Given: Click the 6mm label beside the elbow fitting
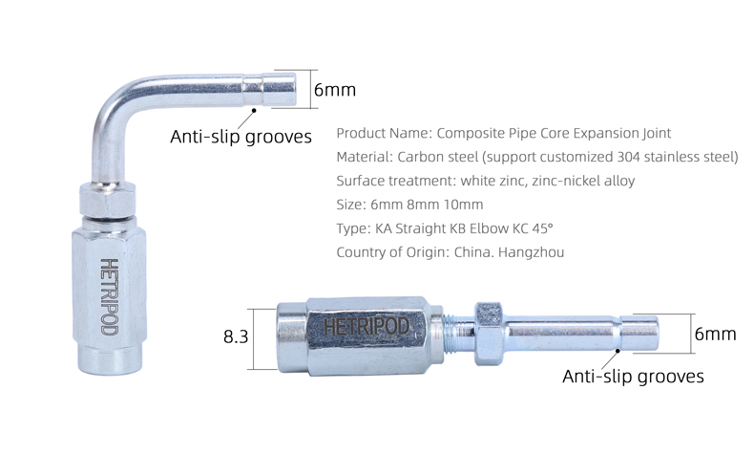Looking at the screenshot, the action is [x=335, y=90].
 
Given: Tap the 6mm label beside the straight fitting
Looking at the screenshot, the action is [x=716, y=334].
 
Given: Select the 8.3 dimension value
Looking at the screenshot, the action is [x=236, y=336].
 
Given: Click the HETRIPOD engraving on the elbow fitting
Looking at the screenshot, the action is [x=109, y=296].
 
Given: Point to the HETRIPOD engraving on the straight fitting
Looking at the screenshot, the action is [x=367, y=327].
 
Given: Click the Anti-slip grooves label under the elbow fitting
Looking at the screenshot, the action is [x=241, y=137].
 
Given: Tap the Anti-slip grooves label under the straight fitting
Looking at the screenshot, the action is [x=633, y=377].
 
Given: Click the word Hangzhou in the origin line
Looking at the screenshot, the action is [x=532, y=252].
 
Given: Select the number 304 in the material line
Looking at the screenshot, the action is [x=627, y=157].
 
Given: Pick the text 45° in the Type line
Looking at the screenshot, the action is [x=542, y=227].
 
